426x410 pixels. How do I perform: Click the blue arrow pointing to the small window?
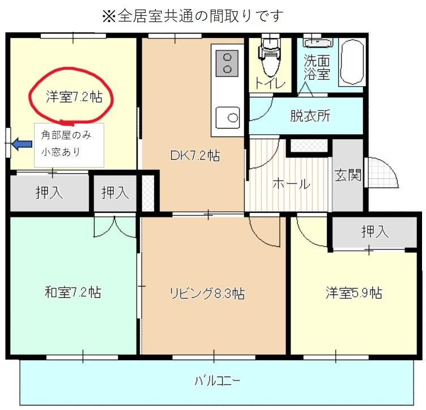22,145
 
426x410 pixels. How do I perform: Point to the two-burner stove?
228,62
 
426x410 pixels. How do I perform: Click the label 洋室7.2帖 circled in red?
74,97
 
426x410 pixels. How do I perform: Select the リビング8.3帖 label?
207,293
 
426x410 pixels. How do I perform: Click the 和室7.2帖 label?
73,293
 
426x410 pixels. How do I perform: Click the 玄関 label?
347,175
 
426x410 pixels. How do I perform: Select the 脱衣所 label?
310,116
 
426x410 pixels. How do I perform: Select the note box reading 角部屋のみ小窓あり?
69,144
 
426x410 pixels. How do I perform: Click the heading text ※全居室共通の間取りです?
191,16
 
